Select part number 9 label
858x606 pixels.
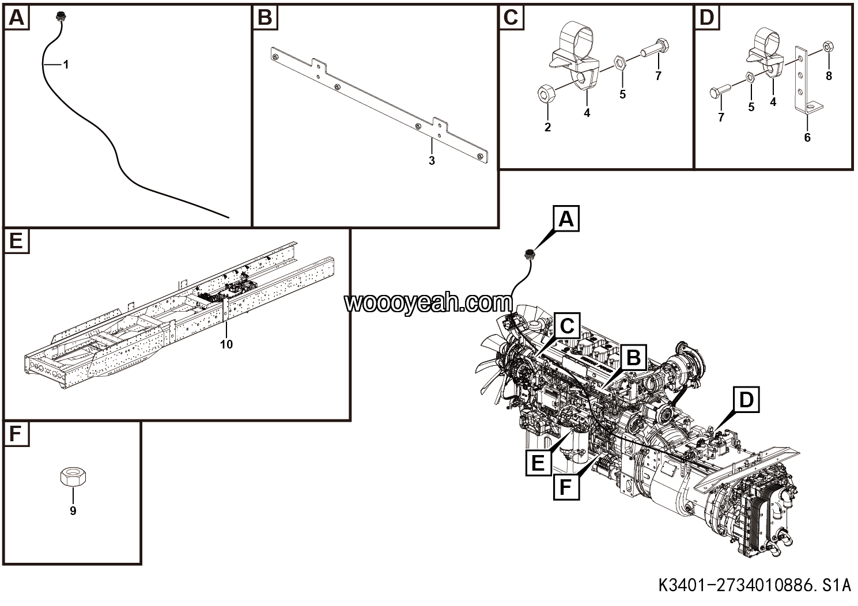pos(73,511)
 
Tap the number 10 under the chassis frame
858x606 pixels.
pos(226,344)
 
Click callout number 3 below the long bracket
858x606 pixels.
pos(432,161)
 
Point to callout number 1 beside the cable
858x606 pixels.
pos(66,65)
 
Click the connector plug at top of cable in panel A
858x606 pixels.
pos(59,18)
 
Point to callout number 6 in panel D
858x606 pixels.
pos(807,138)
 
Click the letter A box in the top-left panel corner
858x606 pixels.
pos(16,18)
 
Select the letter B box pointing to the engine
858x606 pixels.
pos(633,358)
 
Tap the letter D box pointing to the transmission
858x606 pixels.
pos(746,400)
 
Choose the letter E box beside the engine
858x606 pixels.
pos(538,463)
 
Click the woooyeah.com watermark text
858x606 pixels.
pos(428,302)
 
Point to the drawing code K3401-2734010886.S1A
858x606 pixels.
pos(754,586)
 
